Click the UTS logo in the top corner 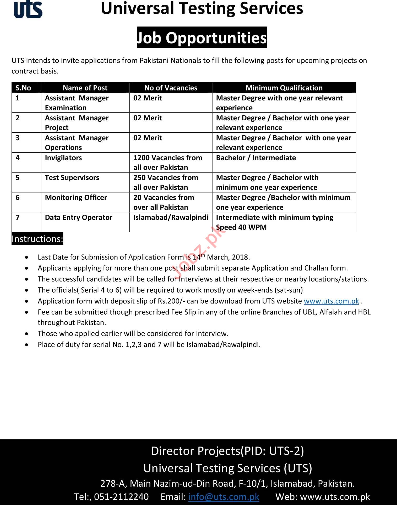28,10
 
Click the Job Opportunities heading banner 202,37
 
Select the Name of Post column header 85,88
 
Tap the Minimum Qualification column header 284,88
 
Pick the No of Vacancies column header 171,88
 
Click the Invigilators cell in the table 63,158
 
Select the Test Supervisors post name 72,178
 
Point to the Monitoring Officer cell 76,198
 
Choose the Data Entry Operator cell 79,218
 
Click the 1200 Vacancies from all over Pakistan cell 168,162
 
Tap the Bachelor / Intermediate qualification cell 256,158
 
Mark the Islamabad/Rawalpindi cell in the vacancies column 171,218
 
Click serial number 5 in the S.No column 18,178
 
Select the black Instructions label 37,239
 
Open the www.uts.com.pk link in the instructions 331,301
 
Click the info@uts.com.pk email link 224,497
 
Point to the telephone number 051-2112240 121,497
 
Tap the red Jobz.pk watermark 199,252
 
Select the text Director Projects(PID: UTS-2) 227,451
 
